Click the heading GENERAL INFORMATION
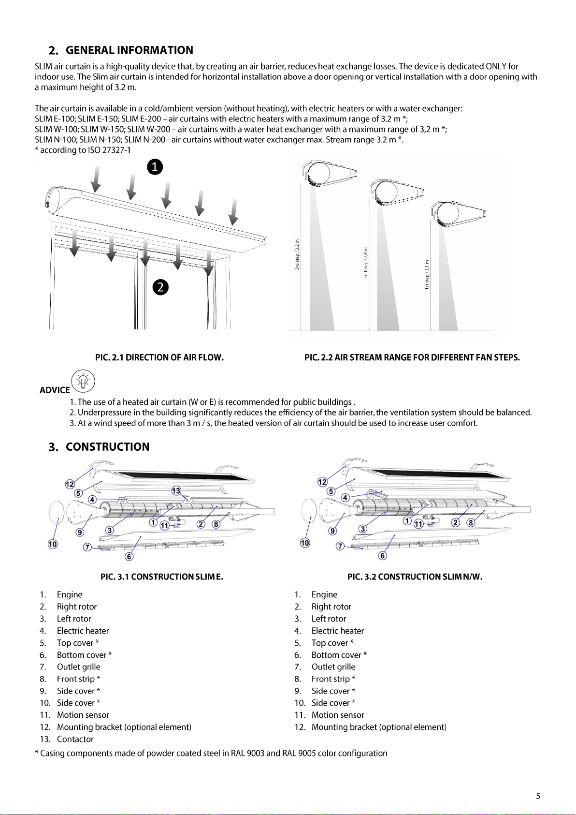point(129,50)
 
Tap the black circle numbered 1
point(155,167)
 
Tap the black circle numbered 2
point(160,287)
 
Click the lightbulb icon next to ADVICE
point(83,381)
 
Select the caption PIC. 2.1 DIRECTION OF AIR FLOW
point(159,358)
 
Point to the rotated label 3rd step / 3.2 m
point(298,254)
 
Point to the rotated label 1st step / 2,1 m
point(427,275)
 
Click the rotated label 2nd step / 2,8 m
point(366,263)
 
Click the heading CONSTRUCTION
point(107,447)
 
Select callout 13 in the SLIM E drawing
point(176,491)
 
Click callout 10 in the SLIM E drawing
point(53,544)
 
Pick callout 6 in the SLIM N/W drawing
point(382,556)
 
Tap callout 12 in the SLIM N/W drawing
point(322,482)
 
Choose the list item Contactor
point(75,739)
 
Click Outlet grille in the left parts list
point(78,667)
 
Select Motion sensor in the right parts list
point(338,715)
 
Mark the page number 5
point(538,796)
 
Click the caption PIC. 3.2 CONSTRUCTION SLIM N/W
point(415,577)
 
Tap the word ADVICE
point(55,390)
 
